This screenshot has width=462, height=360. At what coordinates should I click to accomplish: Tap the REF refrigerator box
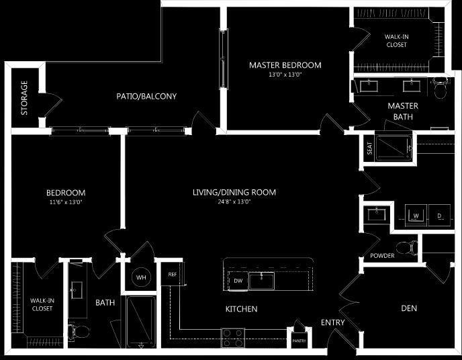[x=173, y=274]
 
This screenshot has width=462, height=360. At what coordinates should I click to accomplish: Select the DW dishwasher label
[x=238, y=280]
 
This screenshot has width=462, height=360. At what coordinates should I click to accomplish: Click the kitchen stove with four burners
[x=233, y=334]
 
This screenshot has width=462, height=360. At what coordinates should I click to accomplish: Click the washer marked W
[x=416, y=216]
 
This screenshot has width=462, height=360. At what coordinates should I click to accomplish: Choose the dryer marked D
[x=440, y=216]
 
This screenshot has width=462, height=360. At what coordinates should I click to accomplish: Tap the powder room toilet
[x=406, y=248]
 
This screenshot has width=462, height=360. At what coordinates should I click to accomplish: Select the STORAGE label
[x=24, y=98]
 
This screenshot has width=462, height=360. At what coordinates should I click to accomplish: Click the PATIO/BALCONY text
[x=146, y=96]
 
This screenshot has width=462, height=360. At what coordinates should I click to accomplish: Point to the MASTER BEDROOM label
[x=285, y=65]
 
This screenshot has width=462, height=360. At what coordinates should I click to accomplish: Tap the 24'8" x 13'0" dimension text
[x=234, y=201]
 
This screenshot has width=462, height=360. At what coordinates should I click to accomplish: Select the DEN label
[x=409, y=308]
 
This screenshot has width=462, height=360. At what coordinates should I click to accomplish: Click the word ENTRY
[x=333, y=322]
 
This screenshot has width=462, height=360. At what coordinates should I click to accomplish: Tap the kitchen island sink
[x=261, y=280]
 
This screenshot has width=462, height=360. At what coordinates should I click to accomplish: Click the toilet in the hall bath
[x=81, y=330]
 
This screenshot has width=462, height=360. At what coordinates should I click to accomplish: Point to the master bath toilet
[x=441, y=90]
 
